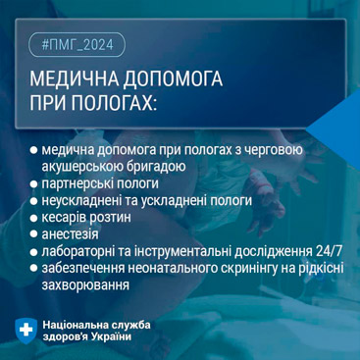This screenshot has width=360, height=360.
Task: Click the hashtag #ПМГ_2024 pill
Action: pyautogui.click(x=77, y=45)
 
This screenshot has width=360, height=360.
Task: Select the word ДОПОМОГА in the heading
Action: pyautogui.click(x=173, y=79)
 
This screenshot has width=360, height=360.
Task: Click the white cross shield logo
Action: pyautogui.click(x=26, y=331)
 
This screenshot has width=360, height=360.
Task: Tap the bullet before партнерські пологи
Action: pyautogui.click(x=33, y=183)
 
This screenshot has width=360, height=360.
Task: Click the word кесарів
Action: pyautogui.click(x=64, y=218)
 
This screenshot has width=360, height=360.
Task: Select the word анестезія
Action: pyautogui.click(x=70, y=234)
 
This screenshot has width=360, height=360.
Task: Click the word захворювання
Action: pyautogui.click(x=85, y=285)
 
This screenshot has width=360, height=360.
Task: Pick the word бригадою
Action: pyautogui.click(x=159, y=167)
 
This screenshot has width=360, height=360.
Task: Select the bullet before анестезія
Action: pyautogui.click(x=33, y=234)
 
